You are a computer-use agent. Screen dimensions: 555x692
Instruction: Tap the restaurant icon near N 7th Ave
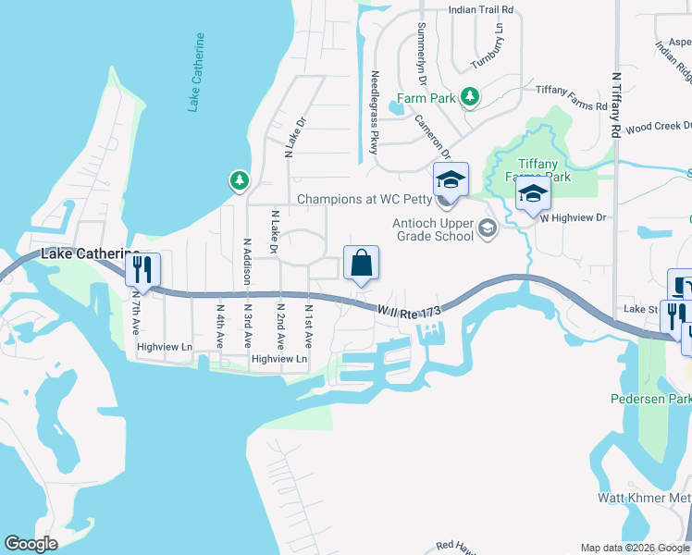coord(142,269)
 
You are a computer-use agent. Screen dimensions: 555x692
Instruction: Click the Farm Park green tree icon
coord(470,96)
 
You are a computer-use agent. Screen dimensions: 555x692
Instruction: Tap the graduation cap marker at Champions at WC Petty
coord(451,179)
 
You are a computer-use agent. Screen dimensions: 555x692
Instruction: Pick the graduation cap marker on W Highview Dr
coord(533,194)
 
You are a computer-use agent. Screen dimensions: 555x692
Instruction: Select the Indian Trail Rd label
coord(480,9)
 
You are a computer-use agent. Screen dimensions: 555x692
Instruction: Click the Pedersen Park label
coord(650,400)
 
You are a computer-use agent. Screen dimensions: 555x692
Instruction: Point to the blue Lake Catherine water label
coord(196,72)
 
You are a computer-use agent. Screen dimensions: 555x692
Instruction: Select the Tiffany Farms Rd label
coord(575,105)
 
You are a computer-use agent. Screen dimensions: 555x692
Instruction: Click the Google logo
coord(31,544)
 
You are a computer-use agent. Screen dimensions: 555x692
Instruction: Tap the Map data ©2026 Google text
coord(634,547)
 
